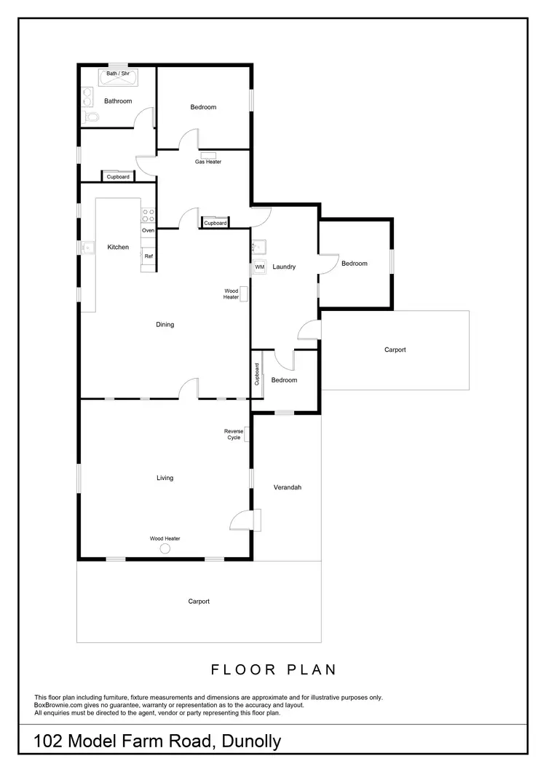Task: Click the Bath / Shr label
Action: point(118,74)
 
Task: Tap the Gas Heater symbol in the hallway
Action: point(207,154)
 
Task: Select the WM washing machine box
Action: point(260,267)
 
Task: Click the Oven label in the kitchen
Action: point(149,230)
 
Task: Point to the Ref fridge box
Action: point(149,256)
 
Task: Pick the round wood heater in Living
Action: point(165,548)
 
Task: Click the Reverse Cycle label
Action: point(233,435)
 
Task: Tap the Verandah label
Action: point(287,487)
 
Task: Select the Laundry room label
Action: point(284,267)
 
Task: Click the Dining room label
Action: point(165,325)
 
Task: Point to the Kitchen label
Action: point(118,248)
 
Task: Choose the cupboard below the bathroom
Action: point(118,177)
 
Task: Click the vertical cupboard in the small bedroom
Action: point(257,374)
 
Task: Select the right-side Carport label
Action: point(395,350)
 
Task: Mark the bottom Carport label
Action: point(199,602)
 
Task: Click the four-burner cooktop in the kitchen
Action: point(148,214)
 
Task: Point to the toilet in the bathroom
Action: point(90,117)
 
